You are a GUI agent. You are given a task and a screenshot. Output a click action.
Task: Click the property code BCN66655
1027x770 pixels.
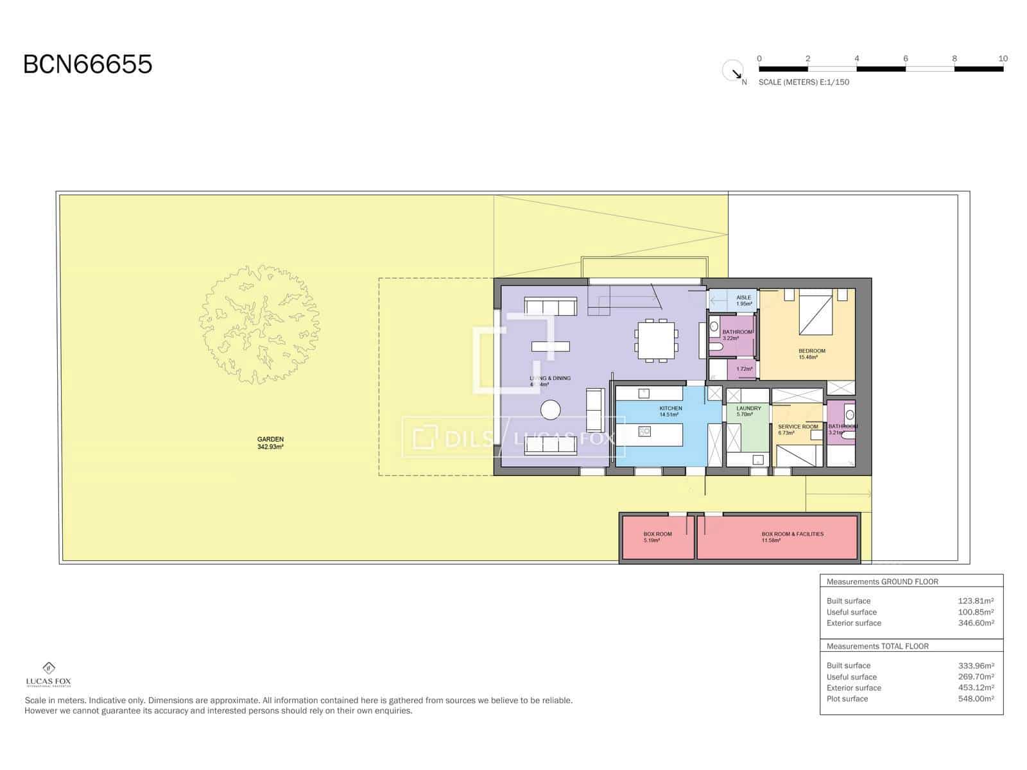tap(88, 64)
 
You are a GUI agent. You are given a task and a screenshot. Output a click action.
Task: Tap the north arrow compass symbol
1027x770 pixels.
tap(732, 71)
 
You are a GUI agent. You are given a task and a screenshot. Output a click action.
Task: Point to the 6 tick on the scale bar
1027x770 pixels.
tap(906, 59)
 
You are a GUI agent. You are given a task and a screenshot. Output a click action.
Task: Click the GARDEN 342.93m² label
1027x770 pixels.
tap(270, 443)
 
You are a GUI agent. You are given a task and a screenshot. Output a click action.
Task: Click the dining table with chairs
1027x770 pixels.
tap(655, 340)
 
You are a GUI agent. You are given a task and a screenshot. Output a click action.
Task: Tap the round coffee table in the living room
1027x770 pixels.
tap(550, 409)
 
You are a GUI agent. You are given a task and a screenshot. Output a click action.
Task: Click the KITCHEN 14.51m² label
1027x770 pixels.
tap(670, 411)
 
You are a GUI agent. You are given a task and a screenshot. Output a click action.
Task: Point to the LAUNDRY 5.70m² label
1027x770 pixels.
tap(748, 411)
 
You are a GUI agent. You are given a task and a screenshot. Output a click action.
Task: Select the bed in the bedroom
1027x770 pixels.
tap(815, 312)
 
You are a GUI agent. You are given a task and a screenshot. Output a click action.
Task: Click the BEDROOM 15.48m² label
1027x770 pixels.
tap(811, 354)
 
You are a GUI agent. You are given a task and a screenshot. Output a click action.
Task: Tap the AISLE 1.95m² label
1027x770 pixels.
tap(743, 300)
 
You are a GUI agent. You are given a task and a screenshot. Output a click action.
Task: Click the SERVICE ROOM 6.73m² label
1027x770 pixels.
tap(797, 429)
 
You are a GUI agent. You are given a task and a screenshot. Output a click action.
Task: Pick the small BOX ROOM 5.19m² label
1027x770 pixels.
tap(657, 537)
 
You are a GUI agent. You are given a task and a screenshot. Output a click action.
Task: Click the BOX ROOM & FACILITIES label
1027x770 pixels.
tap(792, 537)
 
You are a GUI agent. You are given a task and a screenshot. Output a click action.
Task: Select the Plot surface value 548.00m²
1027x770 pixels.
tap(976, 699)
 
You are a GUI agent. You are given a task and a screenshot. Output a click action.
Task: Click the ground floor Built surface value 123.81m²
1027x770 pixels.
tap(976, 601)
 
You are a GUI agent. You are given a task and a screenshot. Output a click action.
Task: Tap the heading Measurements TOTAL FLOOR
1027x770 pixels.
tap(877, 646)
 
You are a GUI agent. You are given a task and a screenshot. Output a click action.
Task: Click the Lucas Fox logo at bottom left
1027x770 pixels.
tap(48, 674)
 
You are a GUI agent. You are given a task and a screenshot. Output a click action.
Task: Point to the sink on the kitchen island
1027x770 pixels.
tap(644, 431)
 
